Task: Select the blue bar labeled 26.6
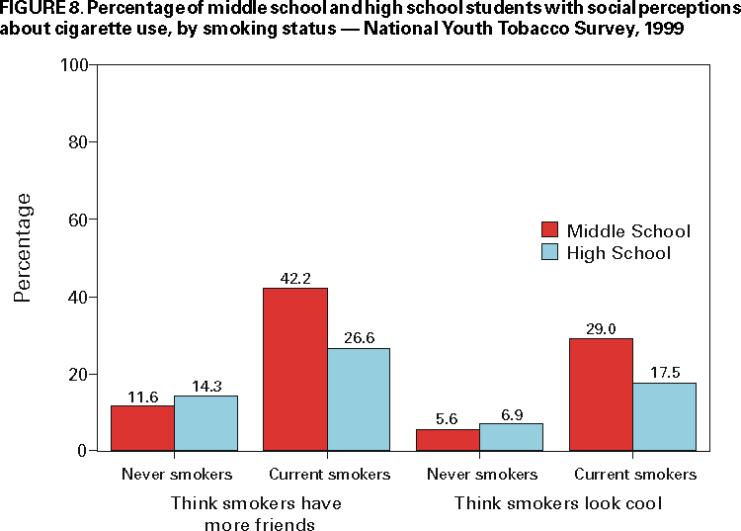pos(359,399)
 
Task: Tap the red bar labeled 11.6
pos(142,428)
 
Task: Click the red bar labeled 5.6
pos(448,440)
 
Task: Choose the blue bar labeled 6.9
pos(511,437)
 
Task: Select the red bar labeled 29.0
pos(601,395)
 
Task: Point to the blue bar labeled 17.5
pos(664,416)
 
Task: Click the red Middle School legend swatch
pos(550,231)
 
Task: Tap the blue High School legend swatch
pos(550,253)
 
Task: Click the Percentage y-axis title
pos(23,247)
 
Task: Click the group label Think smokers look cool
pos(557,503)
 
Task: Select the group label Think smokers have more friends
pos(257,513)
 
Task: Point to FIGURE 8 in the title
pos(38,9)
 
